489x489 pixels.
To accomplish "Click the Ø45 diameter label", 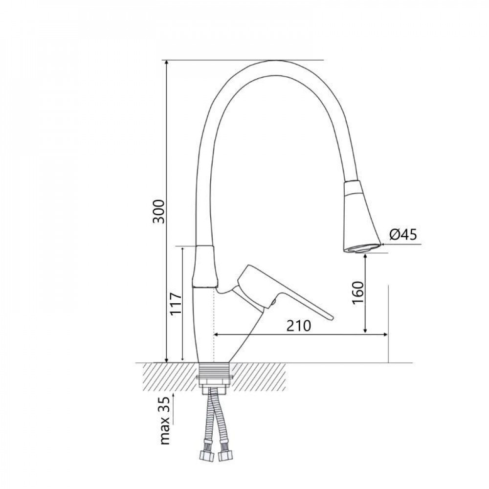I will (x=403, y=235).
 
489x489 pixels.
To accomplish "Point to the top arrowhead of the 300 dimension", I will (x=167, y=64).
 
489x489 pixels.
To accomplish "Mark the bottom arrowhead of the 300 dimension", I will (x=167, y=359).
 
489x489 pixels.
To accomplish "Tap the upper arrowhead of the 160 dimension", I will (x=366, y=257).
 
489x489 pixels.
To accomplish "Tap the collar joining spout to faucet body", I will (x=205, y=267).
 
